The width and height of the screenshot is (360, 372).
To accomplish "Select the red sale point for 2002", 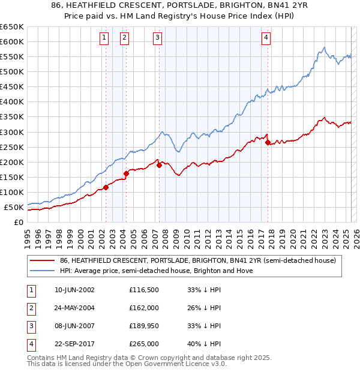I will pyautogui.click(x=106, y=187).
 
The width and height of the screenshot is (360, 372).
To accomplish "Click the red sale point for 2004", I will pyautogui.click(x=126, y=173).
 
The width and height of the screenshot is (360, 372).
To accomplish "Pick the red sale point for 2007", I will pyautogui.click(x=159, y=165).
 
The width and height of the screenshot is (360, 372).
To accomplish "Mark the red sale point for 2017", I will pyautogui.click(x=268, y=142).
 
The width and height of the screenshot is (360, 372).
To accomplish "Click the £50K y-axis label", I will pyautogui.click(x=13, y=208).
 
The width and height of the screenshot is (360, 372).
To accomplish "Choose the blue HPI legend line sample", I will pyautogui.click(x=41, y=271).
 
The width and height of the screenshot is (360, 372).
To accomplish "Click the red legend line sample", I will pyautogui.click(x=41, y=260).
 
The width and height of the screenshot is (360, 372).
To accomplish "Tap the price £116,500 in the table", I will pyautogui.click(x=143, y=290).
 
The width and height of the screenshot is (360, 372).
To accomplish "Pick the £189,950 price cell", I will pyautogui.click(x=143, y=326).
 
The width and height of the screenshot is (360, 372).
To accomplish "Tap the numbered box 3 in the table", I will pyautogui.click(x=30, y=326).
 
